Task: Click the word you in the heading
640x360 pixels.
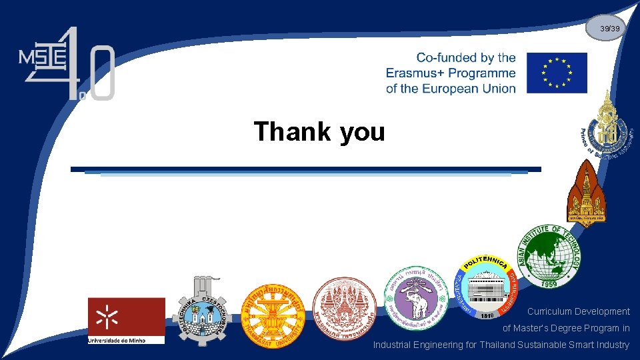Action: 362,131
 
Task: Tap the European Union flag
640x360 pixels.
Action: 557,73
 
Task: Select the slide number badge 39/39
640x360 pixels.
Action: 610,29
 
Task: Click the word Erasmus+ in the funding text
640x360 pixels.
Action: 421,73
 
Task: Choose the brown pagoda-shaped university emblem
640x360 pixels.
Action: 586,193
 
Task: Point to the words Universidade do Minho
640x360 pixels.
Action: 126,340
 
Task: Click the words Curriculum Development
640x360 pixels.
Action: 578,311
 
